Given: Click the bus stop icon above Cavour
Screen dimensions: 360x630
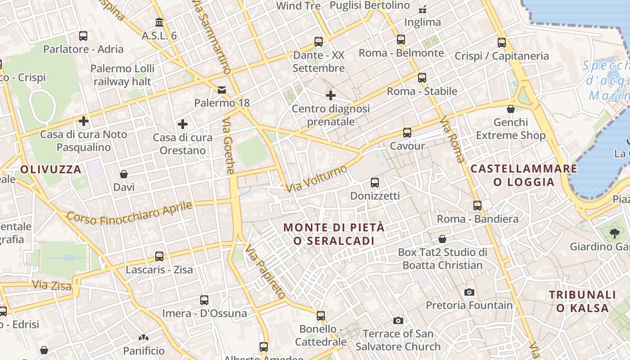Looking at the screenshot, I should click(407, 133).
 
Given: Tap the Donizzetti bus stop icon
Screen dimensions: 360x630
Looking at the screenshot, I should click(374, 183).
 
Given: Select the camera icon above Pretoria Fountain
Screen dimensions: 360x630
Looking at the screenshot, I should click(469, 292).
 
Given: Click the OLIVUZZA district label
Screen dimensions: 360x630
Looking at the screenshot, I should click(51, 170).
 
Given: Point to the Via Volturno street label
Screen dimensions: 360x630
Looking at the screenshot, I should click(317, 179).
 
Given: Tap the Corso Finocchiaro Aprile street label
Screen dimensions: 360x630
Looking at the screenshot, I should click(130, 212).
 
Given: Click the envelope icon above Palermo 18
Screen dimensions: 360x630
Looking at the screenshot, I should click(222, 90).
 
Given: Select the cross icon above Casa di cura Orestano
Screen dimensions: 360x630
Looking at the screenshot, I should click(183, 124).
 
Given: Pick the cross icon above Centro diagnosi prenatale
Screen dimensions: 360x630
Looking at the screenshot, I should click(331, 95).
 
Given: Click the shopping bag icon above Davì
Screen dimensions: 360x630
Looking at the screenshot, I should click(124, 174).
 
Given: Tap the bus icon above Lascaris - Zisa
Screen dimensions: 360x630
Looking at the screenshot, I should click(159, 256).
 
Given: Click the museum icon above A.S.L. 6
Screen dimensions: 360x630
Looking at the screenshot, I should click(159, 22).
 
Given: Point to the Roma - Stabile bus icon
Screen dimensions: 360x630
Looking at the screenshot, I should click(422, 78).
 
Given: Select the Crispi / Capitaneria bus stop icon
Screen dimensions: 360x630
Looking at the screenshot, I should click(502, 43).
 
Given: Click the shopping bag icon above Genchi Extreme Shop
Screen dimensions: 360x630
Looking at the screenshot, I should click(511, 109).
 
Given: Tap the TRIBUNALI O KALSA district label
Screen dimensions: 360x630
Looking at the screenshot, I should click(582, 301).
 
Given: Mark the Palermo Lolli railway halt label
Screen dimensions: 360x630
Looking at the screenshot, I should click(122, 75).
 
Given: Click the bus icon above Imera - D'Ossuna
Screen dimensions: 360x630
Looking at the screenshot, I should click(204, 300).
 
